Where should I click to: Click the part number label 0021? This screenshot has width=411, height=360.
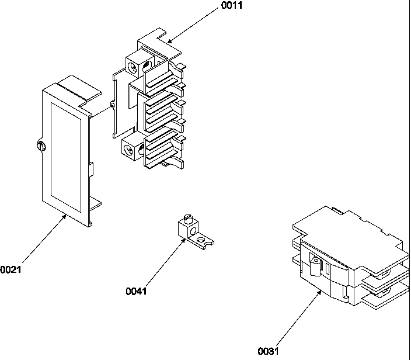point(10,269)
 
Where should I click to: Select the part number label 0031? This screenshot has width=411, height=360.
point(269,351)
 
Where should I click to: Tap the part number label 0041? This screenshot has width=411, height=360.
point(136,290)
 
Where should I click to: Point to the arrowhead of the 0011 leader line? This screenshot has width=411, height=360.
point(168,41)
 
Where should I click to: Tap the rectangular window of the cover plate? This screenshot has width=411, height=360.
point(66,150)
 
